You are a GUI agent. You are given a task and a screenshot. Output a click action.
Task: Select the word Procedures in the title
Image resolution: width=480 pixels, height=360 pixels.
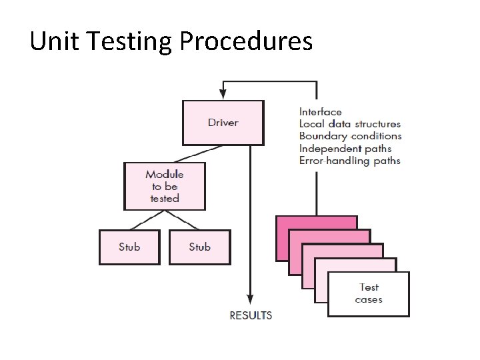coord(246,42)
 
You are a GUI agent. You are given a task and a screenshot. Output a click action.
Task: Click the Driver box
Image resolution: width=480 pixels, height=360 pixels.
coord(223,123)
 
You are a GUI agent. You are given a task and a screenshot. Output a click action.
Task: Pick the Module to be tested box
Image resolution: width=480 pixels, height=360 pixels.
coord(165,186)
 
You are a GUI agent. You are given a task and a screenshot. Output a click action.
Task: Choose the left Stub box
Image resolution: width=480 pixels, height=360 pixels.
coord(129,247)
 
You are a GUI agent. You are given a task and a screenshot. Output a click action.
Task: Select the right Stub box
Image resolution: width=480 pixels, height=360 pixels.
coord(199,247)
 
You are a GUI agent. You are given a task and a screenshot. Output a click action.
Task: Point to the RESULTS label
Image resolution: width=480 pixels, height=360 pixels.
coord(251,315)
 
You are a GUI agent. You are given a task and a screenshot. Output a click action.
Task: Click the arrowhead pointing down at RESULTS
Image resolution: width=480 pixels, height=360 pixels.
coord(250,301)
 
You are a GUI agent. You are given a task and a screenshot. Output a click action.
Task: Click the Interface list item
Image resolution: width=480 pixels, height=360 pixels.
coord(320,112)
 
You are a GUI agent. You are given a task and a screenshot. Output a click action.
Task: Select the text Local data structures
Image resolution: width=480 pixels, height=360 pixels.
coord(350,124)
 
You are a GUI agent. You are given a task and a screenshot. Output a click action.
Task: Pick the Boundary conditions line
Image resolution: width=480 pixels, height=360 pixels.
coord(350,136)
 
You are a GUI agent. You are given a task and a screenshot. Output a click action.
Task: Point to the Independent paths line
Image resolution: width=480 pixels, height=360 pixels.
coord(345,149)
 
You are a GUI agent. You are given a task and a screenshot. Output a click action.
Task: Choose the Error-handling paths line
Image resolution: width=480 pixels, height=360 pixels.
coord(350,161)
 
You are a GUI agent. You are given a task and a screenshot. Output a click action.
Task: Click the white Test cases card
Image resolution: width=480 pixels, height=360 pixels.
coord(369,294)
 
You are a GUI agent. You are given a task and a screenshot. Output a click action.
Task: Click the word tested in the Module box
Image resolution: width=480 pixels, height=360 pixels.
coord(165,199)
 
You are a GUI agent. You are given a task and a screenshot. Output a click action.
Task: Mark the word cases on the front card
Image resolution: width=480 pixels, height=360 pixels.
coord(369,300)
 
